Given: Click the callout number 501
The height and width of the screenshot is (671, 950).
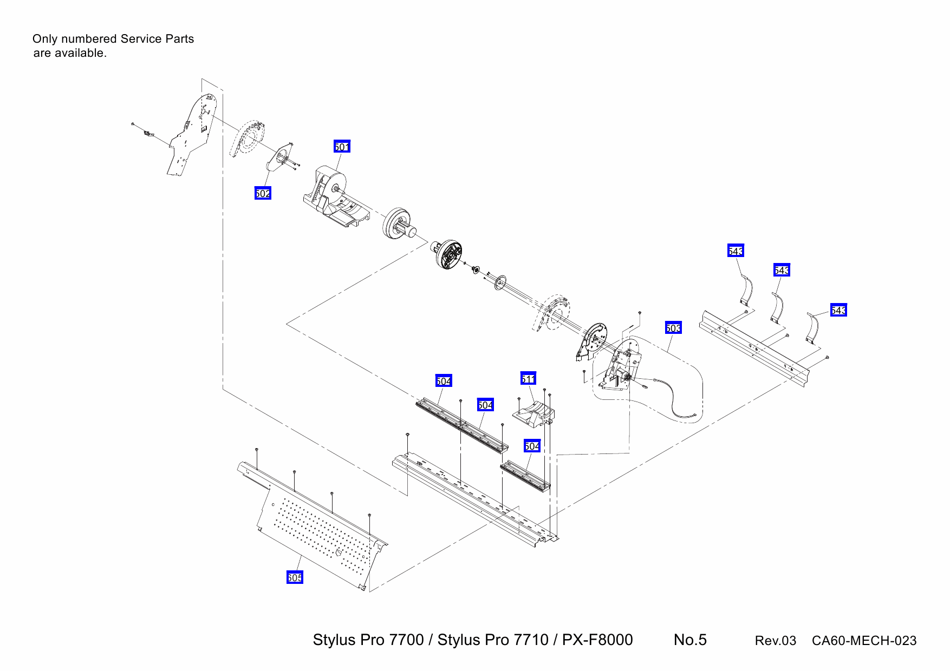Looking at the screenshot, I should click(342, 147).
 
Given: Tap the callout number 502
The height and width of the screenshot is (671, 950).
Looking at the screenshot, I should click(263, 193).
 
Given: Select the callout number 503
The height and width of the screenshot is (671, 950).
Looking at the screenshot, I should click(673, 328).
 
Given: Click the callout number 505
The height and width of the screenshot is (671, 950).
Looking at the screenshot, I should click(295, 577).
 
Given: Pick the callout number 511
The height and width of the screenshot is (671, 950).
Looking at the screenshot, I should click(528, 379).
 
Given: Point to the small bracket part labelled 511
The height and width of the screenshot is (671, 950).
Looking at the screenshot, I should click(533, 414).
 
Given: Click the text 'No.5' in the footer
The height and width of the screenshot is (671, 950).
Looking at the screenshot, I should click(690, 640).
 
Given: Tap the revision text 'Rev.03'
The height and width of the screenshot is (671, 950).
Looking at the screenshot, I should click(775, 641).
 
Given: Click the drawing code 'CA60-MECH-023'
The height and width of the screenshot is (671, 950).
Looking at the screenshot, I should click(864, 641).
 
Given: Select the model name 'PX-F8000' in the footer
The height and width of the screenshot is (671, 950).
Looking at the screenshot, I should click(597, 640).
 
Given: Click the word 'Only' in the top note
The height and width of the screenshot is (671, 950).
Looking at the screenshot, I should click(44, 39).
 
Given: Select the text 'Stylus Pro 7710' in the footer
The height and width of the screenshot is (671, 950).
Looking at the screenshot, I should click(493, 640).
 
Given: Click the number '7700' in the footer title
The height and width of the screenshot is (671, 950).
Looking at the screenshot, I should click(406, 640).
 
